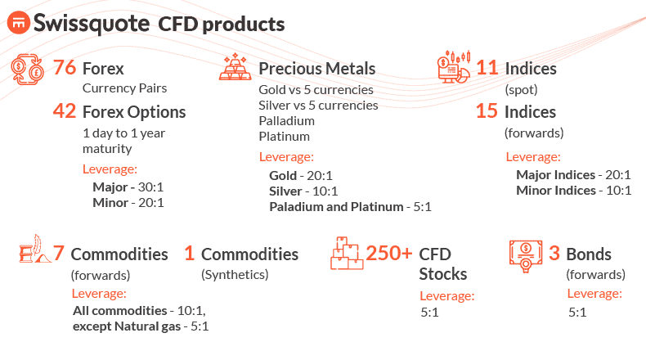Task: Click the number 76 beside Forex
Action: pos(65,68)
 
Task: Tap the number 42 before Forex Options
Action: pos(65,111)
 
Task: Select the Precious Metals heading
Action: pos(317,69)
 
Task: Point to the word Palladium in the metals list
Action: pos(286,120)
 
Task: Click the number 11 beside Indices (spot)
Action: pos(487,68)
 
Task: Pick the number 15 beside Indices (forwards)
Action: pos(487,111)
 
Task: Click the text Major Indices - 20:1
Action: pos(573,174)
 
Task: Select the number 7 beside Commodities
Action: pos(58,254)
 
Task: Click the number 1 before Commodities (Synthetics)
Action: pos(190,254)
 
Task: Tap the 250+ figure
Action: pos(389,254)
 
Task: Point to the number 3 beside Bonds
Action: pos(554,254)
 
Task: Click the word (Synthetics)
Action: pos(235,275)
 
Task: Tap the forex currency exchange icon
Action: pos(28,70)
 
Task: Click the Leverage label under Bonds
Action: pos(594,294)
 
